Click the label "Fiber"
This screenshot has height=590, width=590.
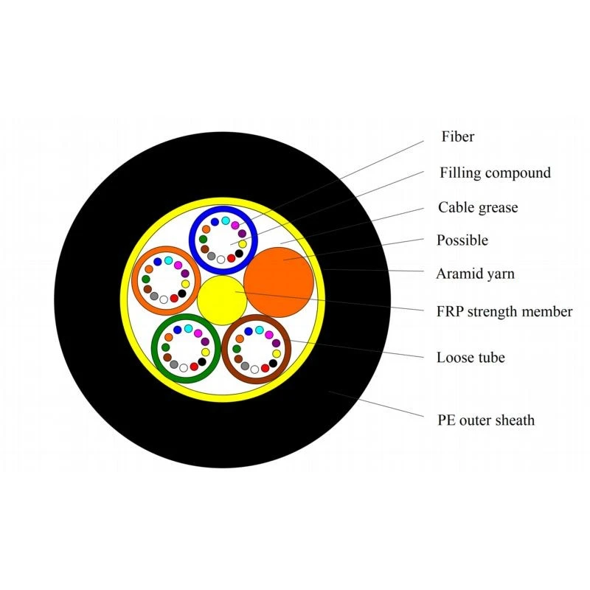click(x=457, y=136)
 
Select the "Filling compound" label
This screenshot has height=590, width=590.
click(x=495, y=173)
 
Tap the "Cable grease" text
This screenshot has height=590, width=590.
click(x=478, y=207)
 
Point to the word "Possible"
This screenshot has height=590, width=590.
click(x=462, y=240)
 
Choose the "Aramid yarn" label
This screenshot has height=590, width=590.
click(x=475, y=274)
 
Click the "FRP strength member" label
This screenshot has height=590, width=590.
click(x=504, y=311)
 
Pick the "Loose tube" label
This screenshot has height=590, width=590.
click(x=471, y=357)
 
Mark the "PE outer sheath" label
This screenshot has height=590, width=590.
click(x=486, y=420)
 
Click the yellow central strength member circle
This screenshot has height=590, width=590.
click(x=222, y=300)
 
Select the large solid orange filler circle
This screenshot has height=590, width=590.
click(x=279, y=282)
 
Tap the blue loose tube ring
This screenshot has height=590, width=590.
click(x=223, y=209)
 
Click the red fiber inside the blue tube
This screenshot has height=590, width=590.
click(x=231, y=258)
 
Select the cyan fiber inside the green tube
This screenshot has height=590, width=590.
click(x=189, y=328)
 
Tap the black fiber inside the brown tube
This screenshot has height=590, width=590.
click(x=273, y=363)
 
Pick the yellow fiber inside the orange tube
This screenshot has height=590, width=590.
click(x=186, y=284)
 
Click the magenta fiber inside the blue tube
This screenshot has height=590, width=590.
click(x=235, y=225)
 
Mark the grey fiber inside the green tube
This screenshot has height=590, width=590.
click(x=174, y=364)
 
